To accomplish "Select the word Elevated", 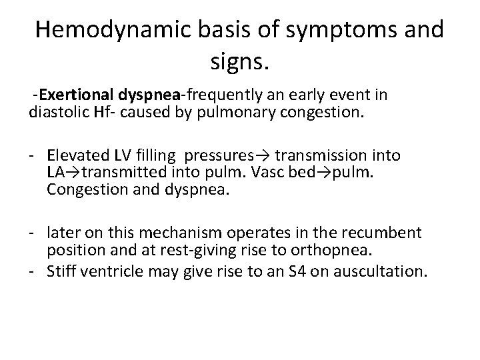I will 75,156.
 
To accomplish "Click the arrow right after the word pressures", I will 262,156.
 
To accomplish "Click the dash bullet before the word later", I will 33,233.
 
